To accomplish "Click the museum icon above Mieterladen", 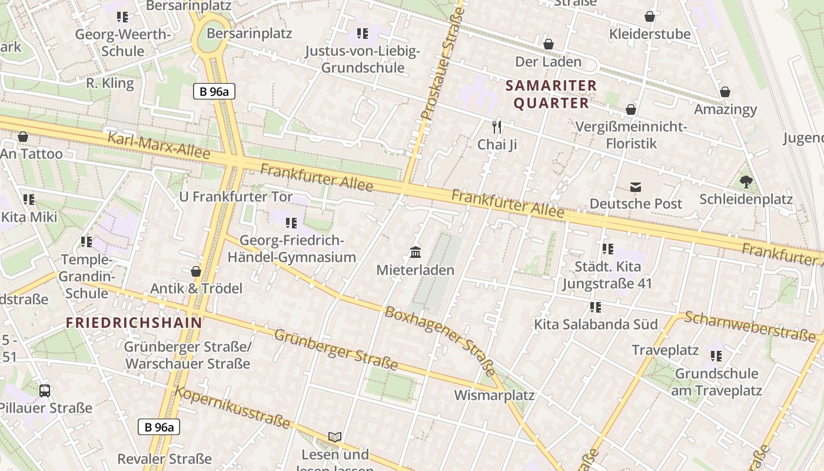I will tap(416, 253).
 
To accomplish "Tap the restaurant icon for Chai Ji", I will tap(497, 127).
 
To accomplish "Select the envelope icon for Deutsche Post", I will tap(636, 187).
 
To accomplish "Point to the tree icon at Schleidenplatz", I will tap(746, 182).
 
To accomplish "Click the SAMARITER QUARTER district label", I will tap(551, 94).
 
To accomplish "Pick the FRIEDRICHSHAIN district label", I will tap(134, 323).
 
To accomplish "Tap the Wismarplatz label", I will tap(494, 395).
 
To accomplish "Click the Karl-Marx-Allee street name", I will tap(159, 145).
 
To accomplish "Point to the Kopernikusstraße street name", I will tap(233, 407).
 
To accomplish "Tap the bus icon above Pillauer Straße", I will tap(45, 390).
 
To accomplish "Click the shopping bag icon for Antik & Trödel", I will tap(196, 271).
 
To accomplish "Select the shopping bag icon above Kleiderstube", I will tap(650, 16).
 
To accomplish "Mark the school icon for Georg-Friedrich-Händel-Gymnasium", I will tap(291, 223).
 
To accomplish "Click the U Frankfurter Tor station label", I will tap(236, 197).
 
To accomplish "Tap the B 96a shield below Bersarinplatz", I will tap(214, 91).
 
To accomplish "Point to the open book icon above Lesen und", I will tap(335, 437).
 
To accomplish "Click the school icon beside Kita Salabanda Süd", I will tap(596, 307).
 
